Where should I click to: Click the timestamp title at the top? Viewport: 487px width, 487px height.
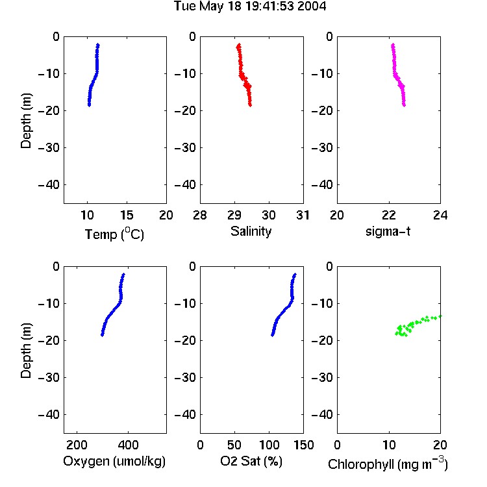tap(250, 6)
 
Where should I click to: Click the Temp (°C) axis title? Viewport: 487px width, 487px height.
tap(114, 234)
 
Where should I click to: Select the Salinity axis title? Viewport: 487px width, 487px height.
tap(251, 231)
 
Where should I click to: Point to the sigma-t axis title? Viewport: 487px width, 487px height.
tap(388, 231)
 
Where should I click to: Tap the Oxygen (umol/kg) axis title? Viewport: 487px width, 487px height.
tap(114, 461)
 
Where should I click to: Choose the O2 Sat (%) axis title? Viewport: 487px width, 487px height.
tap(251, 461)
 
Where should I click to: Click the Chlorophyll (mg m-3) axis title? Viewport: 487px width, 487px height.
tap(388, 464)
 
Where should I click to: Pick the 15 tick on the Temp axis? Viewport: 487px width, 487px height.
tap(127, 215)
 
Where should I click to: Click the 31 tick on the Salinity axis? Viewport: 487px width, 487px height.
tap(303, 215)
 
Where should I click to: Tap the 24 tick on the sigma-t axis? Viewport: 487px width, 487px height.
tap(440, 215)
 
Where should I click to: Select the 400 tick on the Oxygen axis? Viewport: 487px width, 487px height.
tap(128, 445)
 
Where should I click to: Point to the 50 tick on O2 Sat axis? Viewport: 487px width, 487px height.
tap(234, 445)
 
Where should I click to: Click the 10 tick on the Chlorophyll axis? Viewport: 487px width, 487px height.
tap(389, 445)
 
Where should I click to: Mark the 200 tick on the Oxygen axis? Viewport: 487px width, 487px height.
tap(77, 445)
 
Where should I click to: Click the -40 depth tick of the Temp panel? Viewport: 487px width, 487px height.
tap(49, 185)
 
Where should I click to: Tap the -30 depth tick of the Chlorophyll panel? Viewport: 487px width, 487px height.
tap(322, 377)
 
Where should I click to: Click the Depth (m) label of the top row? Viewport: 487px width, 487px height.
tap(26, 121)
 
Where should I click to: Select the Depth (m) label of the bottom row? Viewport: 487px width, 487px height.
tap(26, 351)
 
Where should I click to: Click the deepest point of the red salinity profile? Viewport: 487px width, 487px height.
tap(250, 105)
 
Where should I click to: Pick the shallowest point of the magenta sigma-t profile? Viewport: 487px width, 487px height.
tap(393, 45)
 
